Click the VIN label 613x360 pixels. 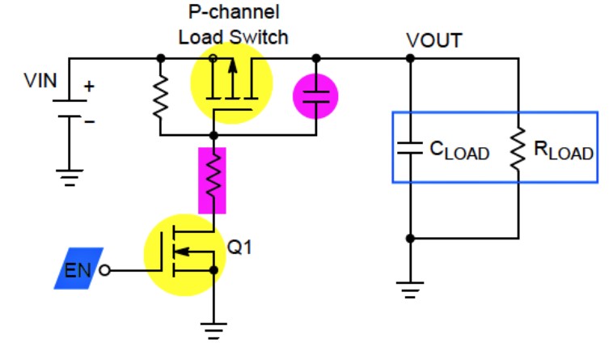(40, 81)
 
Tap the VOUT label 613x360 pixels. (434, 40)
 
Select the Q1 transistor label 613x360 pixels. (239, 247)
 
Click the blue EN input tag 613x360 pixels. (78, 269)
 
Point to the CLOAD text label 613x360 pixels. (459, 150)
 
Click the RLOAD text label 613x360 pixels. (564, 150)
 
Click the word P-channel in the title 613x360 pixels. (234, 12)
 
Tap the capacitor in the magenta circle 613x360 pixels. (315, 96)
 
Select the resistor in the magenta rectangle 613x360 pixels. (212, 180)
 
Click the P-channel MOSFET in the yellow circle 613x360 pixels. (231, 83)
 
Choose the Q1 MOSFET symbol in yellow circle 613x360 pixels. (185, 255)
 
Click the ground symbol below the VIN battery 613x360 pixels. (70, 177)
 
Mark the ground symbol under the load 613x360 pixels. (410, 290)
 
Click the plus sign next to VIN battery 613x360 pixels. (89, 86)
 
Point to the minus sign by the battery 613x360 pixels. (90, 122)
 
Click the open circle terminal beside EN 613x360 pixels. (105, 270)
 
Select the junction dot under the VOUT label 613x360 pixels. (410, 58)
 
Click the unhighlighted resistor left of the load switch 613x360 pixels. (160, 96)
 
